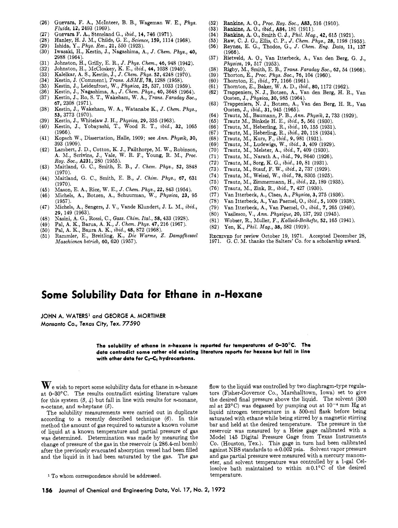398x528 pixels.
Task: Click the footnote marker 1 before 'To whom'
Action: (49, 475)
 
